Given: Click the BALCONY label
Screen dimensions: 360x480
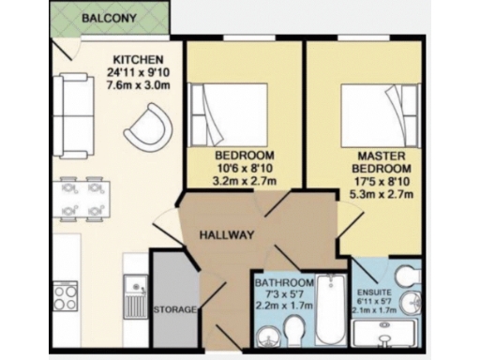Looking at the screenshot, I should click(111, 18).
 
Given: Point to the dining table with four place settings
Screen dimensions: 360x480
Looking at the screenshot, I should click(82, 197).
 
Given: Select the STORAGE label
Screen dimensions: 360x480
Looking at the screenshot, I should click(174, 308).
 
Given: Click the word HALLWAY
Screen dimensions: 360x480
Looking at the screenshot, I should click(225, 236).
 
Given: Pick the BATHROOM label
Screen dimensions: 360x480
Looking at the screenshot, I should click(282, 283).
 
